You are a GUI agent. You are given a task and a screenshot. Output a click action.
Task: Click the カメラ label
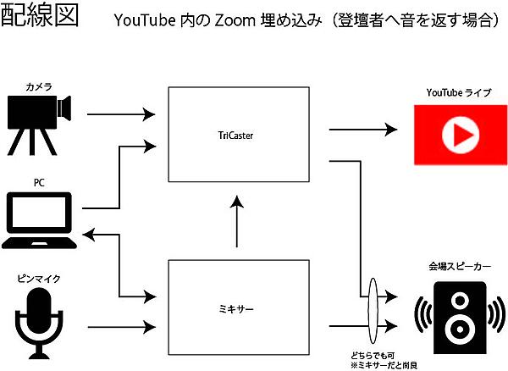[39, 86]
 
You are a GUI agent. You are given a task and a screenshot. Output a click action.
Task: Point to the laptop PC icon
[41, 221]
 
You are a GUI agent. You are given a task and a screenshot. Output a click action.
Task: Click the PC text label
[39, 181]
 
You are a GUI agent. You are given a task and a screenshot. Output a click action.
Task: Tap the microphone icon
[40, 320]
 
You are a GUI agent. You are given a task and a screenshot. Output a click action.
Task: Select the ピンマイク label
[39, 278]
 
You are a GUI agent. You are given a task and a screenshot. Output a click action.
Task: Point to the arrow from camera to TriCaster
[124, 113]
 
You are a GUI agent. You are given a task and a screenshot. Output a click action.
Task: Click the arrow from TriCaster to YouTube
[362, 130]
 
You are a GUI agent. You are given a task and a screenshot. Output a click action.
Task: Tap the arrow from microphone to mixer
[124, 325]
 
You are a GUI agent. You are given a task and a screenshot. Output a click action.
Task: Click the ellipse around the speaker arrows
[373, 310]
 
